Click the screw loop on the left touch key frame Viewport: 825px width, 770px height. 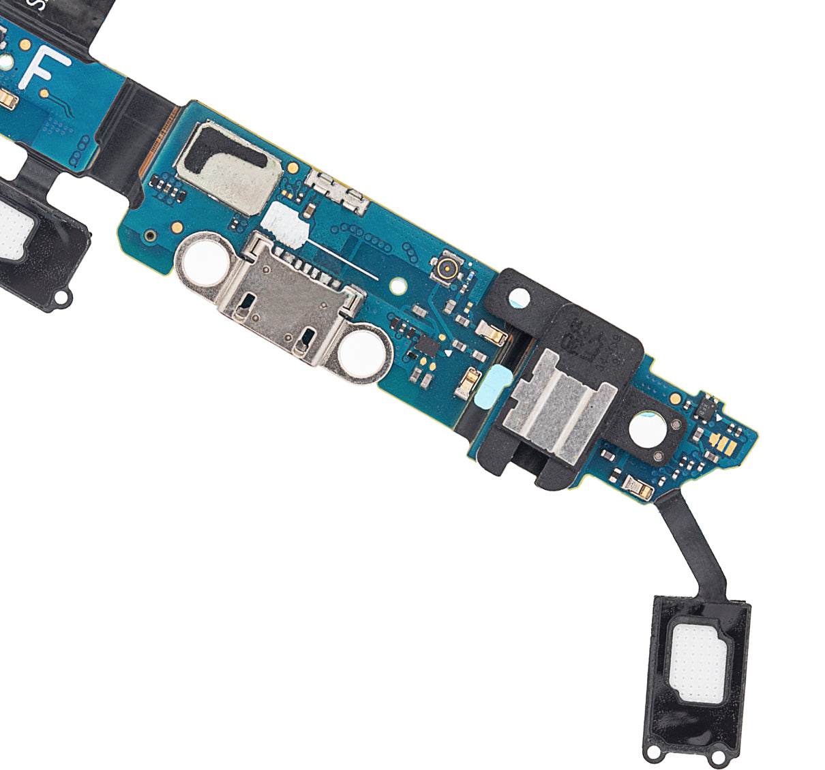[64, 298]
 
